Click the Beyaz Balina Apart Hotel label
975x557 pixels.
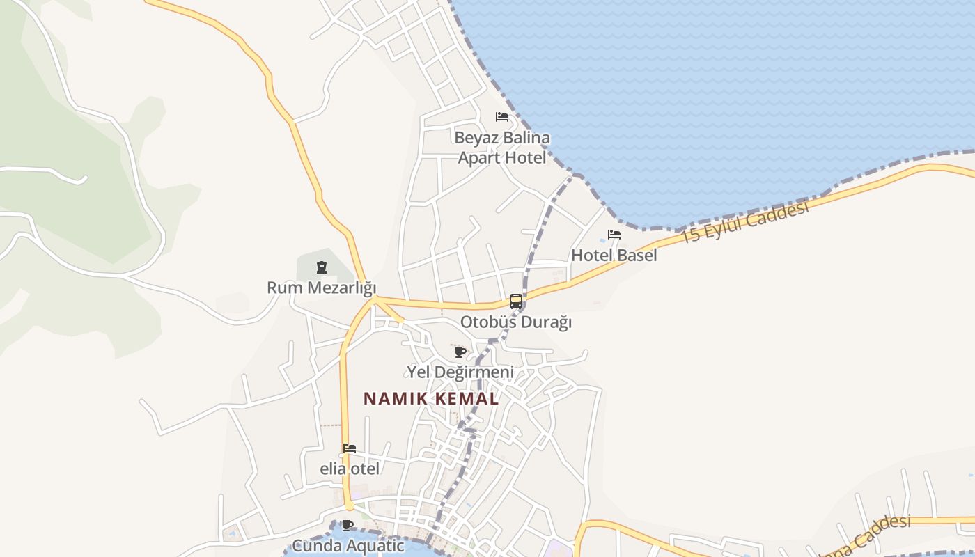coord(502,148)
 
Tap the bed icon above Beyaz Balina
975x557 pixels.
coord(502,116)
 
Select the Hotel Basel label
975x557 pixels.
coord(614,256)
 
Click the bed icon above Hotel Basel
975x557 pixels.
coord(614,235)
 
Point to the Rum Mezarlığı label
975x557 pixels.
coord(321,288)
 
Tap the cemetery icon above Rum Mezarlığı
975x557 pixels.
coord(321,267)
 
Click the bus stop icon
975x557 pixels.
coord(516,301)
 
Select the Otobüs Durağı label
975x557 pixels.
coord(516,322)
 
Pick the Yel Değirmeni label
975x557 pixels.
coord(460,372)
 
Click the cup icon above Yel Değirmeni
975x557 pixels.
coord(460,352)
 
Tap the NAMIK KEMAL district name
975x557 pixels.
coord(431,399)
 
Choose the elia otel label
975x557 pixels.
coord(350,469)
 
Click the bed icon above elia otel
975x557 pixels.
coord(350,448)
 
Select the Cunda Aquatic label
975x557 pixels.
coord(348,545)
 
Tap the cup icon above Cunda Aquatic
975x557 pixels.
coord(348,525)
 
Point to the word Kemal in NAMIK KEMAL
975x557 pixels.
coord(465,399)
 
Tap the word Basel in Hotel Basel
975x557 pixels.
coord(635,256)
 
